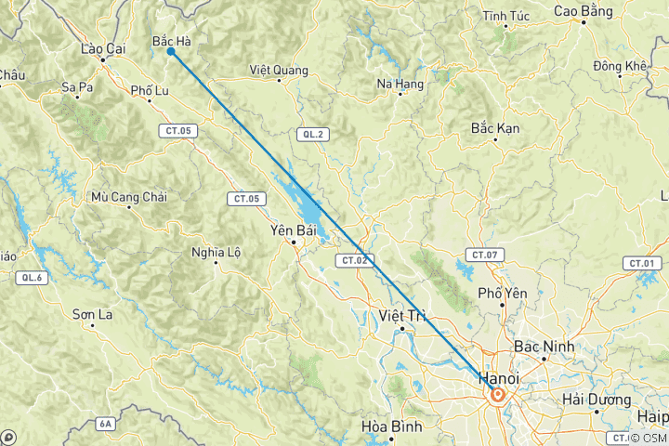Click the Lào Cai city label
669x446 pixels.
pos(103,48)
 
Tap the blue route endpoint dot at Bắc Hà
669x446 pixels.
pos(171,51)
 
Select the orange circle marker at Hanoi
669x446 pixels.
pos(498,395)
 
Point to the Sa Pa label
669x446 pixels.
pos(78,87)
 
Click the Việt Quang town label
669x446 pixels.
pos(278,70)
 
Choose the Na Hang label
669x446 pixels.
pos(400,84)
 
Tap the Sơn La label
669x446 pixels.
pos(93,315)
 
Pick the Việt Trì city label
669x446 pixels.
pos(401,316)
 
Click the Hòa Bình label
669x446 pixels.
pos(391,427)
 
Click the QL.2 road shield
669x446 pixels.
pos(313,135)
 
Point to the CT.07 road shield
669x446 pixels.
pos(487,255)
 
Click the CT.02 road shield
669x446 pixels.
pos(355,260)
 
